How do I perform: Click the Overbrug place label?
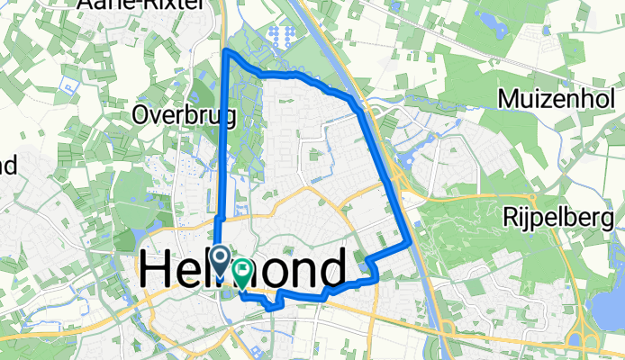click(184, 114)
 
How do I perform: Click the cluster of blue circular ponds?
click(285, 37)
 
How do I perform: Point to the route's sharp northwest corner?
click(225, 51)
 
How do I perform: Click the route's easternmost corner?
click(412, 242)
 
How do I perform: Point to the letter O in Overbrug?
click(140, 114)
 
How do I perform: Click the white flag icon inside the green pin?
click(243, 268)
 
